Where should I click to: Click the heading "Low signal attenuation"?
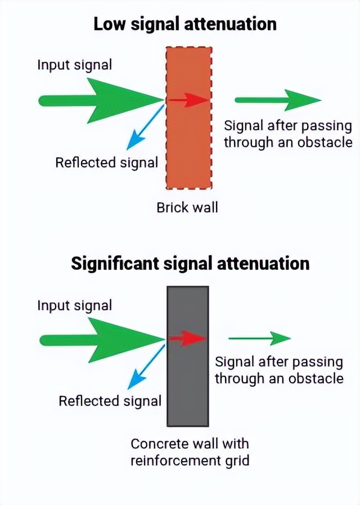point(184,24)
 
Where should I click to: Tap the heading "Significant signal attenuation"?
point(190,263)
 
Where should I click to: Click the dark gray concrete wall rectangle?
point(188,382)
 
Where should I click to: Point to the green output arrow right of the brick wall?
point(278,100)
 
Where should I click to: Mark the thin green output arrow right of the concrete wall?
point(260,339)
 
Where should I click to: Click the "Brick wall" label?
point(187,208)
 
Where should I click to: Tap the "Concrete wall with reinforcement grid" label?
point(190,452)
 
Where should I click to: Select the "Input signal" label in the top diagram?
point(75,64)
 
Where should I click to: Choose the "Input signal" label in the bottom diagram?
point(75,305)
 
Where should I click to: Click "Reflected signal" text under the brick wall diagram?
point(107,163)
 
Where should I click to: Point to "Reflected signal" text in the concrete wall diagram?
point(110,401)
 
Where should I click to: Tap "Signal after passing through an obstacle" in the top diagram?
point(288,134)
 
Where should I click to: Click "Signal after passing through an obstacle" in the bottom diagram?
point(279,369)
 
